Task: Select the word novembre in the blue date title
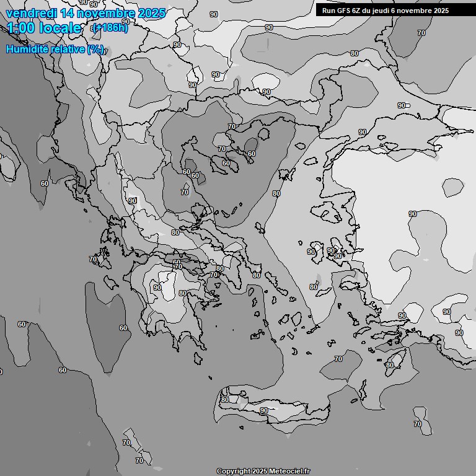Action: [x=107, y=13]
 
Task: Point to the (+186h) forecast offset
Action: [x=110, y=28]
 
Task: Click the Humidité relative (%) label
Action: [x=55, y=49]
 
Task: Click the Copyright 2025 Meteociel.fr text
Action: [x=263, y=471]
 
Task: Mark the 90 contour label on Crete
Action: [x=264, y=410]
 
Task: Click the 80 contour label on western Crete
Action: [x=224, y=400]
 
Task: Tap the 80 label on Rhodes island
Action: [x=389, y=365]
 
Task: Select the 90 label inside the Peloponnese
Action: [x=157, y=288]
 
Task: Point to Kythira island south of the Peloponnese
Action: [x=198, y=359]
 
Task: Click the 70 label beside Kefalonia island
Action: [x=93, y=259]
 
